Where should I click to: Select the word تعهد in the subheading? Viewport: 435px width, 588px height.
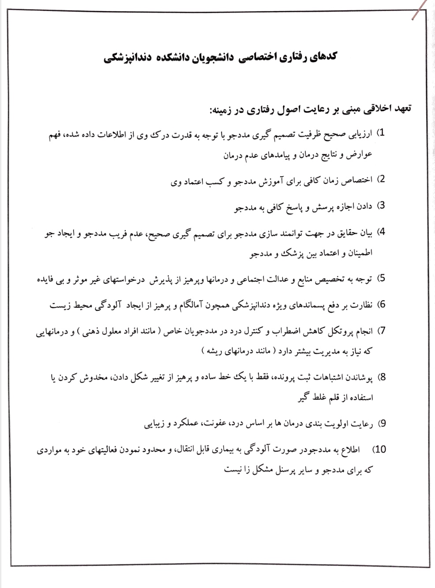(399, 109)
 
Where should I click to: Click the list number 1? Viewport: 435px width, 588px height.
(382, 132)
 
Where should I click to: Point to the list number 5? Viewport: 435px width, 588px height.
(382, 278)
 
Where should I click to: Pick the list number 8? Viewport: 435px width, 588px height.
(382, 377)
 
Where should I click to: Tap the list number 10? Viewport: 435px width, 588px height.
(379, 449)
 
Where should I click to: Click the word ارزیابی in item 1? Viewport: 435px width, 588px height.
(360, 133)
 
